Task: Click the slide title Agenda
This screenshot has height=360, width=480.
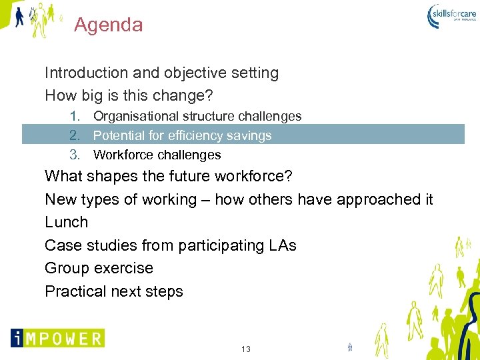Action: [108, 25]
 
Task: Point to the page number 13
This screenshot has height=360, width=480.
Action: [246, 349]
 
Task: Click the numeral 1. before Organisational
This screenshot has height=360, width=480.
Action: [75, 117]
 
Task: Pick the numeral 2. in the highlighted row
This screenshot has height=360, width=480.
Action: [75, 136]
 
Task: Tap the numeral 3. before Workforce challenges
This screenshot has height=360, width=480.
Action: [75, 155]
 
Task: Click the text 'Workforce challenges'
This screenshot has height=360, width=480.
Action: [157, 155]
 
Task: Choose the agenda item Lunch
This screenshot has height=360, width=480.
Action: [66, 222]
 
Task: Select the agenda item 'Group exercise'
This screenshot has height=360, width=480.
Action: [99, 268]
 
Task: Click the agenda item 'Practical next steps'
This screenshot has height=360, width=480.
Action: [113, 291]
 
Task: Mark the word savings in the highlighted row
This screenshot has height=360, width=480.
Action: [247, 136]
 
